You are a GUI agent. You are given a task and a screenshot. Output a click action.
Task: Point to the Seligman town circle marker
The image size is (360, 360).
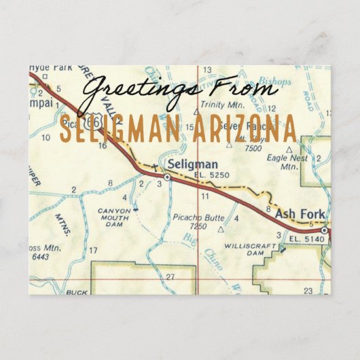(x=167, y=177)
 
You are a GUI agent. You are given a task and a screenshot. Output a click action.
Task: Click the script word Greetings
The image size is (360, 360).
(x=143, y=90)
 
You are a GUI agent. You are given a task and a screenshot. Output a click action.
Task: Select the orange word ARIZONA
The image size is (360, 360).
(x=244, y=129)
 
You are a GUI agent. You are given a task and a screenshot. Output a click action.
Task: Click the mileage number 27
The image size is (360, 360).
(x=170, y=277)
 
